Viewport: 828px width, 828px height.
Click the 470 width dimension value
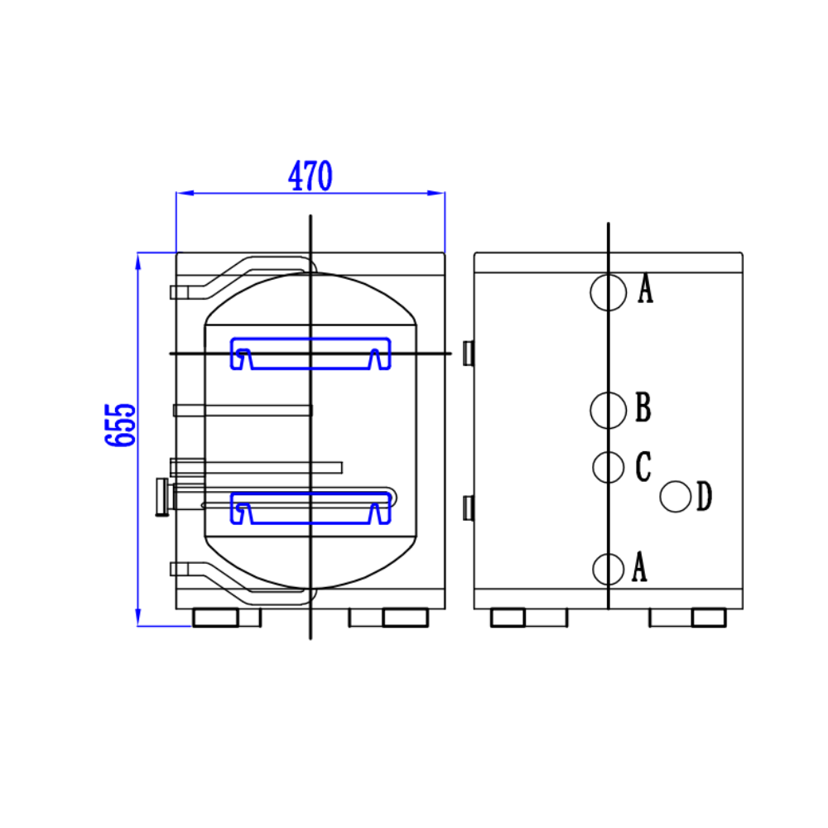point(310,176)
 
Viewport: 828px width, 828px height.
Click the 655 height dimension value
point(121,425)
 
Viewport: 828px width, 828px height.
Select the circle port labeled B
point(609,409)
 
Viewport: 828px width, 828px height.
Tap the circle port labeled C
point(609,467)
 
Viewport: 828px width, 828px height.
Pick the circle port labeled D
point(676,497)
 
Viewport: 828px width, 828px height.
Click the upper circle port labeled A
point(608,292)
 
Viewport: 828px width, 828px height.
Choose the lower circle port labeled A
point(609,569)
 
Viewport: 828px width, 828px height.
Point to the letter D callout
point(704,498)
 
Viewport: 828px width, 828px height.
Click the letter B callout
point(643,408)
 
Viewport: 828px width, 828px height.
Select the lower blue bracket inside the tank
point(310,508)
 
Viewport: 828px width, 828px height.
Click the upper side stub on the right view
point(468,353)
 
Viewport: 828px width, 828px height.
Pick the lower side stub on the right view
point(468,508)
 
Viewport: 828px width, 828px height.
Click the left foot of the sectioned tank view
point(215,618)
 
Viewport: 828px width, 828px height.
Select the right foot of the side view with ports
point(709,618)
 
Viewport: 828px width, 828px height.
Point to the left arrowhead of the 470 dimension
point(183,193)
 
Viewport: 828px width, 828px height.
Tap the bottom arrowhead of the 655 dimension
point(137,620)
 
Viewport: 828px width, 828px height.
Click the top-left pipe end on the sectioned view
point(175,292)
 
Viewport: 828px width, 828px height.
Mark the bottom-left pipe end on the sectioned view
point(175,569)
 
